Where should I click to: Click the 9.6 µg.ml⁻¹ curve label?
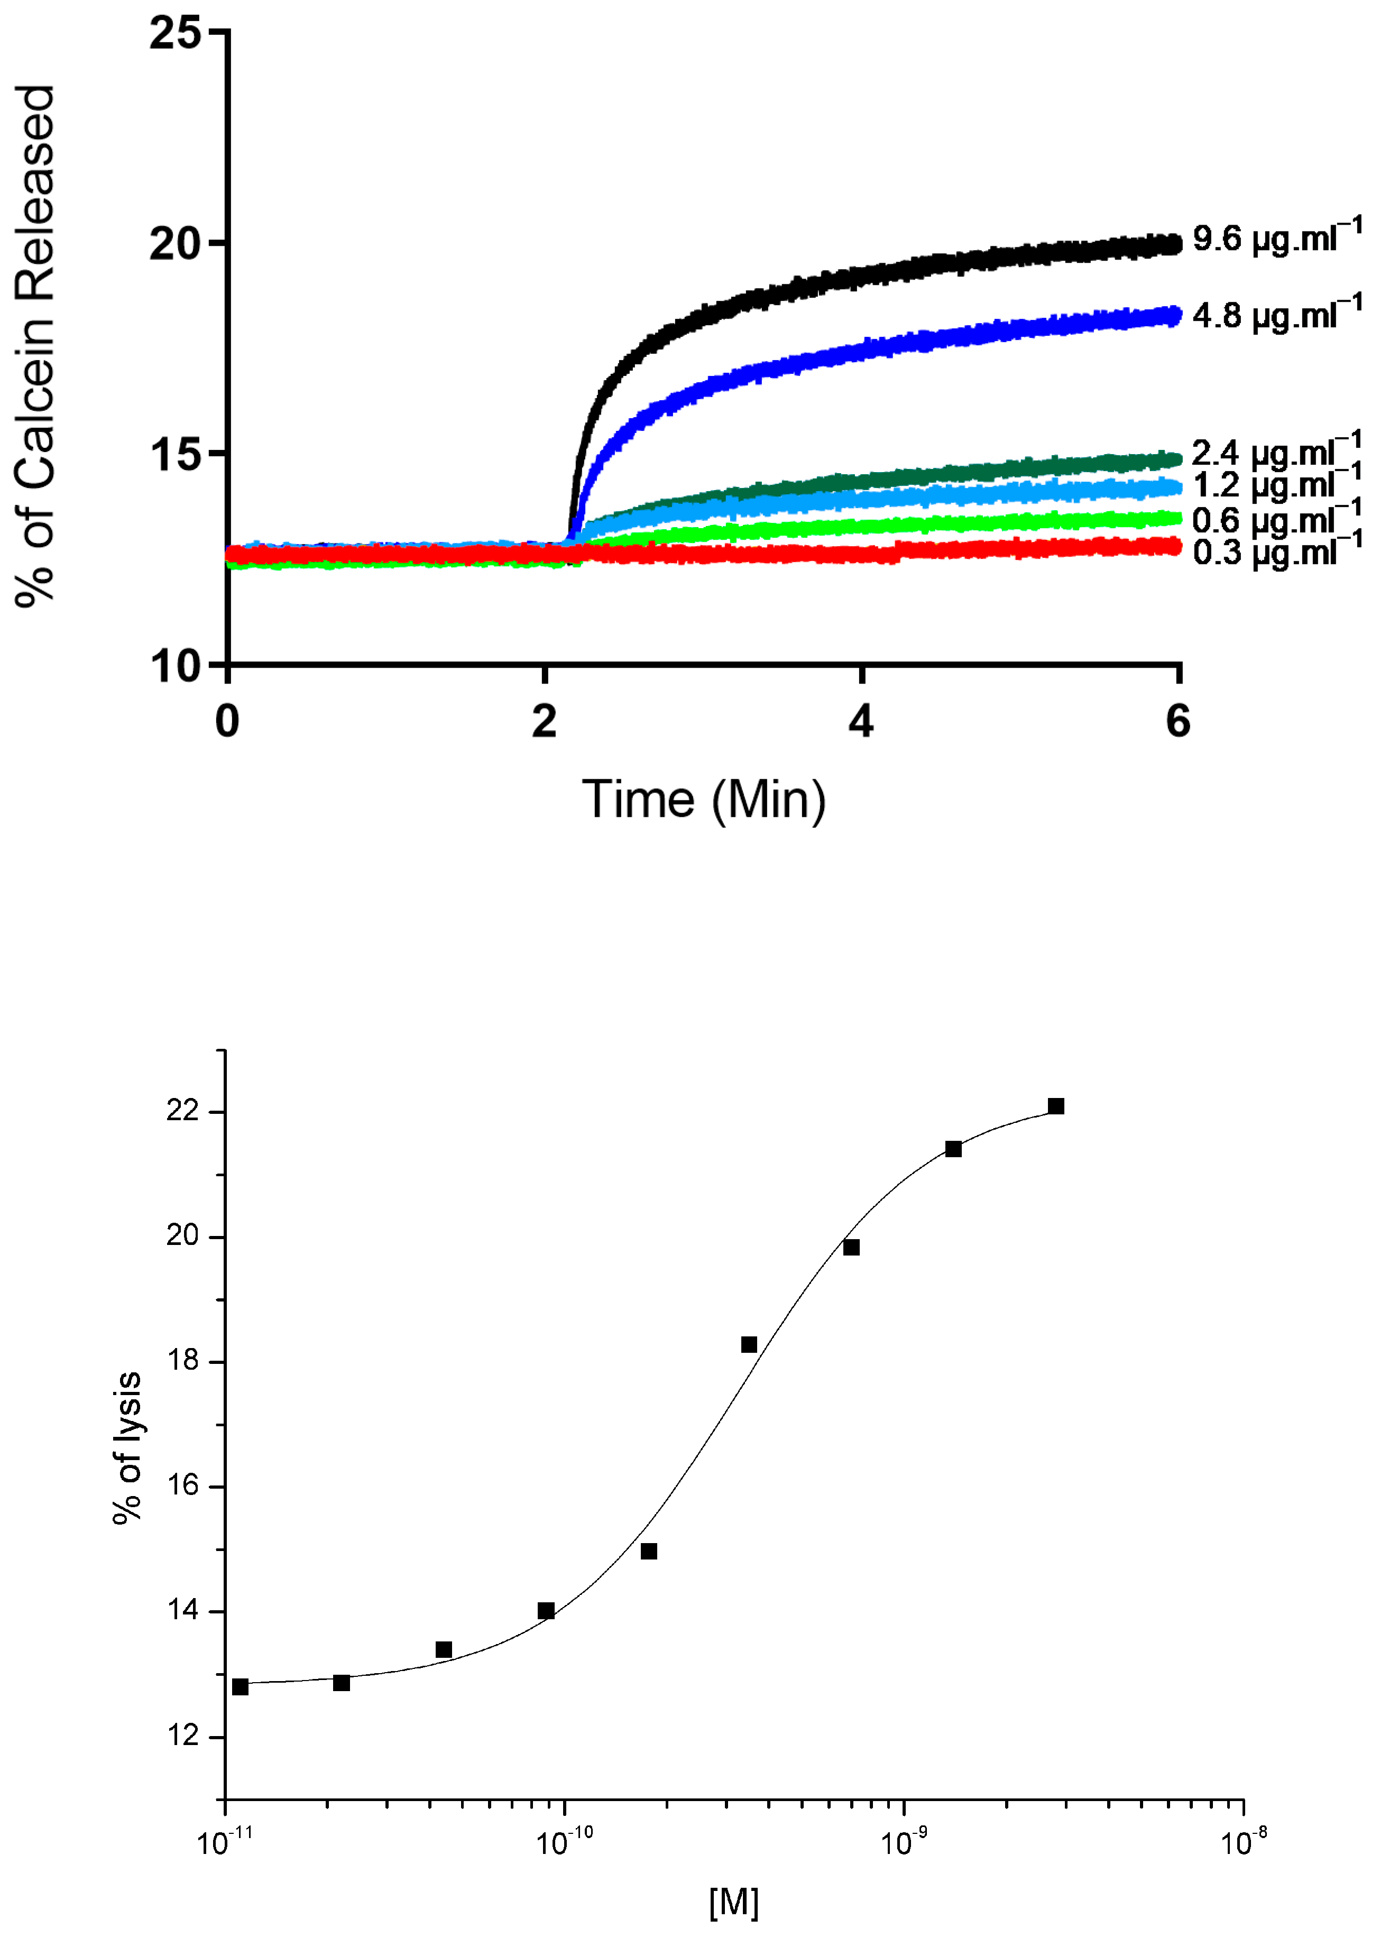point(1275,239)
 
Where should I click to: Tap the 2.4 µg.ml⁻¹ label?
point(1275,453)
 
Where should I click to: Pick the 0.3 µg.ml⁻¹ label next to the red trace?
point(1275,553)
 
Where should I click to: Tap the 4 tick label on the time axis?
point(861,722)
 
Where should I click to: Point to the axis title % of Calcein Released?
point(36,347)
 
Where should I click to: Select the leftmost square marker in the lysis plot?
point(241,1686)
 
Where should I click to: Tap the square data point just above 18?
point(749,1344)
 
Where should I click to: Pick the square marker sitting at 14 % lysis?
point(546,1611)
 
